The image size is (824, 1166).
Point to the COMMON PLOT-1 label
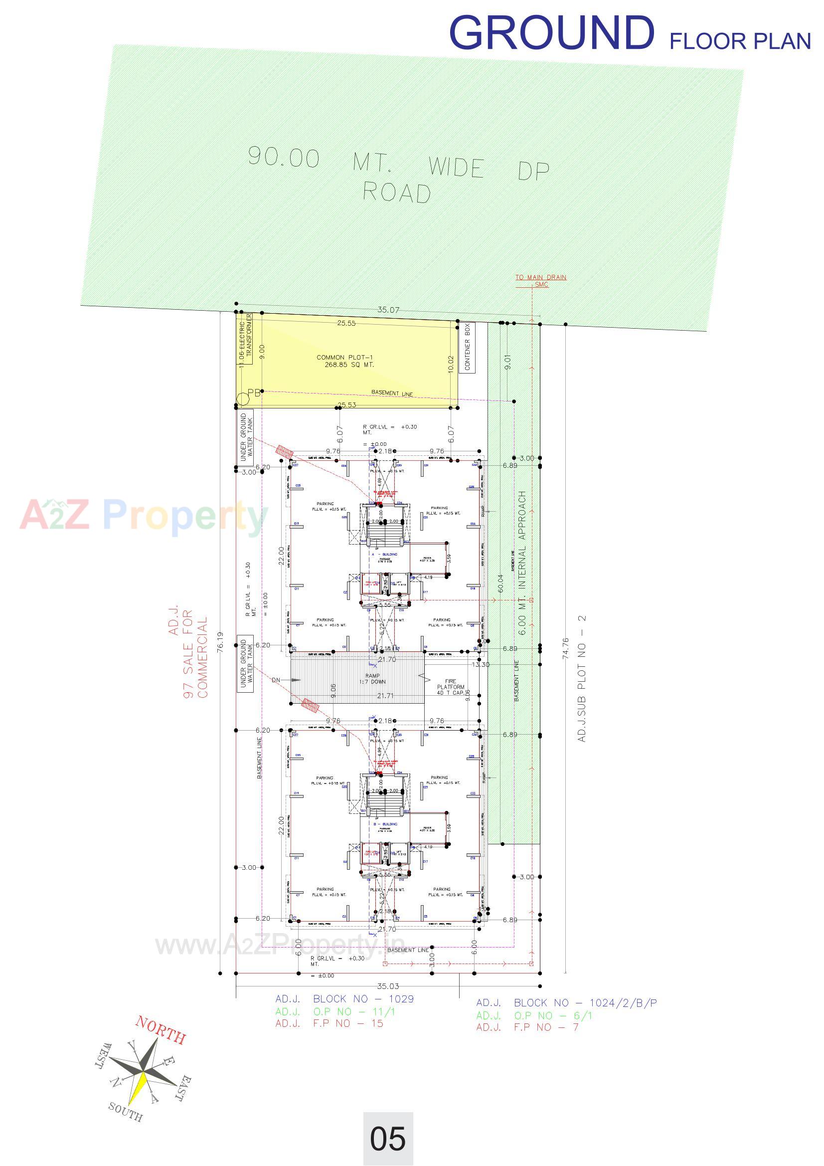345,361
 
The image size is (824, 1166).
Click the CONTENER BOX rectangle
467,348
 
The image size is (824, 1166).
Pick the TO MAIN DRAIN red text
541,277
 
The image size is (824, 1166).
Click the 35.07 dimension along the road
388,310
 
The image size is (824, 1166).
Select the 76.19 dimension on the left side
220,642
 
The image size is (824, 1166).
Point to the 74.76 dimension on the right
566,648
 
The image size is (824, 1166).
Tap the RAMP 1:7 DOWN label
372,679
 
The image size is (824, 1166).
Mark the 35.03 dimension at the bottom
388,986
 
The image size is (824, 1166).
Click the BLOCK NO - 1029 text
363,999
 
